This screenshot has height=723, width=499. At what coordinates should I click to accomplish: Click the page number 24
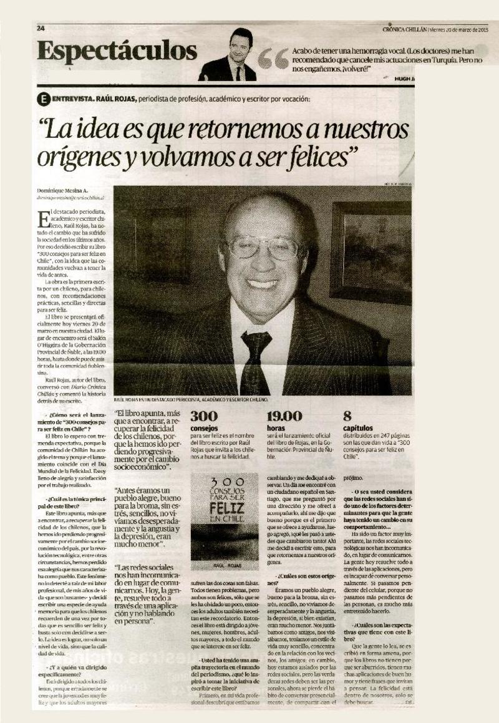click(x=41, y=28)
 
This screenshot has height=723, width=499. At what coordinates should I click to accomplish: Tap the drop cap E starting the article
click(x=44, y=219)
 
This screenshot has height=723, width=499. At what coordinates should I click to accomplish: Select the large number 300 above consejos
click(x=203, y=416)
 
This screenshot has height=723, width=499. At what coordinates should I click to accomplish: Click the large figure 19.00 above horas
click(x=284, y=416)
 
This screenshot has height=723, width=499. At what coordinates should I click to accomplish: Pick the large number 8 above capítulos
click(x=347, y=416)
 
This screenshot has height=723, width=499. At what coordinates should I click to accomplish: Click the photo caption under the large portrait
click(x=191, y=399)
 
